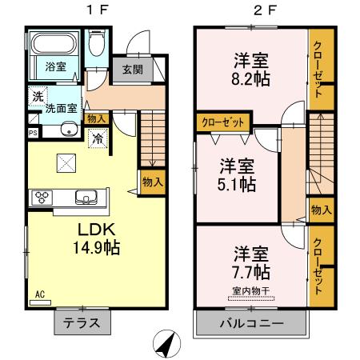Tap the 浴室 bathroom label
click(54, 66)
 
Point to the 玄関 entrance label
click(132, 70)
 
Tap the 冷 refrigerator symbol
click(98, 138)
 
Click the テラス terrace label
click(82, 324)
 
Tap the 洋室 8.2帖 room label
click(250, 69)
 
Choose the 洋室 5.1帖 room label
click(238, 175)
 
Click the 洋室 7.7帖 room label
click(250, 262)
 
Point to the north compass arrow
click(166, 343)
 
